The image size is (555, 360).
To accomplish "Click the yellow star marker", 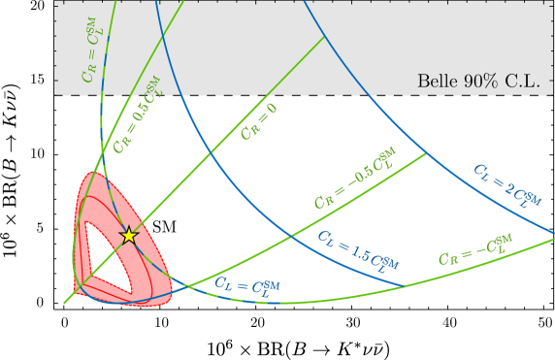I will tap(128, 235).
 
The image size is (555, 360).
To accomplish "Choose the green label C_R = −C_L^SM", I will tap(474, 249).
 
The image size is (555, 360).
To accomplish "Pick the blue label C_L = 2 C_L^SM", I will tap(506, 186).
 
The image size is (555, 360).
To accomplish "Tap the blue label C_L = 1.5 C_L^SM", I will tap(357, 250).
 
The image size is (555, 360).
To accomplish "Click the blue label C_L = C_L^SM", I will tap(247, 284).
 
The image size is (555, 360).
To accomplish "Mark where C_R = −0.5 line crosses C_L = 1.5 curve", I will tap(291, 235).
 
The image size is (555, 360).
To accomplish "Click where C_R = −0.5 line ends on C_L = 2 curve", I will tap(425, 153).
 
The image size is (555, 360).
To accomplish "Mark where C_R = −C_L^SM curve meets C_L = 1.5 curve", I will tap(405, 284).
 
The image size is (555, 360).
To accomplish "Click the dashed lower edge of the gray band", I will tap(291, 95).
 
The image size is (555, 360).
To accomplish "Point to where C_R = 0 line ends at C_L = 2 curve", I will tap(324, 37).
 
